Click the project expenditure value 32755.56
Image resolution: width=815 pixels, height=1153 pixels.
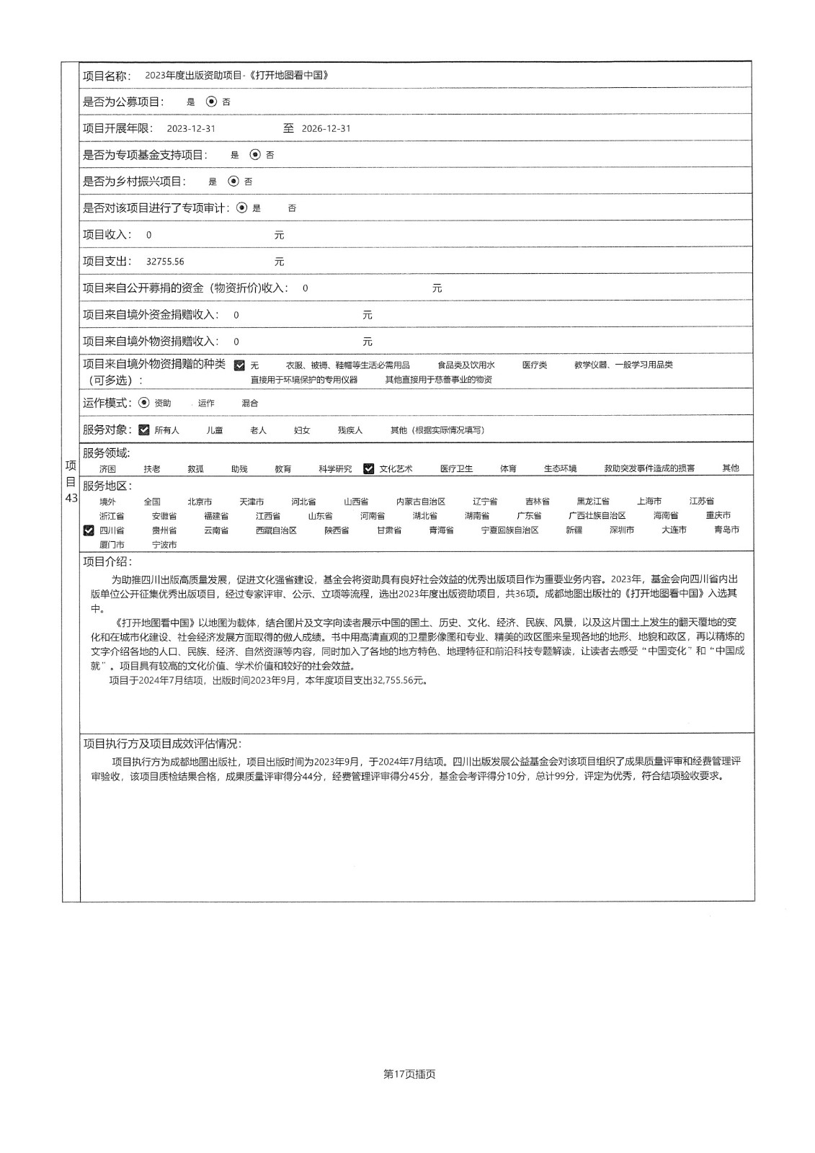click(165, 262)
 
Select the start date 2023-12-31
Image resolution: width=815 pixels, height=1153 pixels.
click(191, 128)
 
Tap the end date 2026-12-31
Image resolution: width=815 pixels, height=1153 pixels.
click(326, 128)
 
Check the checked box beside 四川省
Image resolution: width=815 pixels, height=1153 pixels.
click(89, 530)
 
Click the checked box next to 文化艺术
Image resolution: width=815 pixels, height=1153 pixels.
click(369, 468)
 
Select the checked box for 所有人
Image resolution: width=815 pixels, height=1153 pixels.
click(144, 430)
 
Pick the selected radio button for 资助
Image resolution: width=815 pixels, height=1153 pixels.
click(144, 403)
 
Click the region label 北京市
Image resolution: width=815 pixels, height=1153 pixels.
click(200, 502)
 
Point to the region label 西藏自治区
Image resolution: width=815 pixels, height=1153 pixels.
click(276, 530)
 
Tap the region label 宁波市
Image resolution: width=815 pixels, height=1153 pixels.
click(164, 545)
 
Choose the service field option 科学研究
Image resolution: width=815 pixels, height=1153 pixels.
click(335, 468)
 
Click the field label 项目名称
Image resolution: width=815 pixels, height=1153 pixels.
click(107, 76)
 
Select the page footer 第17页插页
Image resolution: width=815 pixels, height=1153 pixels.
click(410, 1074)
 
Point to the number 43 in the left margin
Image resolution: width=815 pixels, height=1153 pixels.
click(71, 497)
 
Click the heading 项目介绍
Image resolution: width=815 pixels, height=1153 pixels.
click(107, 562)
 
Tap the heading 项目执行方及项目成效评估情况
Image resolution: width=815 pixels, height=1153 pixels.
click(162, 744)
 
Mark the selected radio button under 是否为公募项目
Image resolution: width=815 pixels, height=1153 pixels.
click(211, 102)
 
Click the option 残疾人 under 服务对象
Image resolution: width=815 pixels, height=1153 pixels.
click(350, 430)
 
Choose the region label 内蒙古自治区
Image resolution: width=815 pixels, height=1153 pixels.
click(421, 502)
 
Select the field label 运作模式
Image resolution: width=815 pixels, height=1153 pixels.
click(107, 403)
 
